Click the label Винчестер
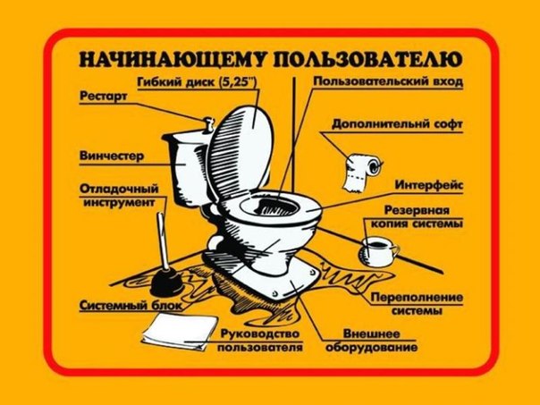[111, 156]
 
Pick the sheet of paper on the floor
[175, 332]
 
